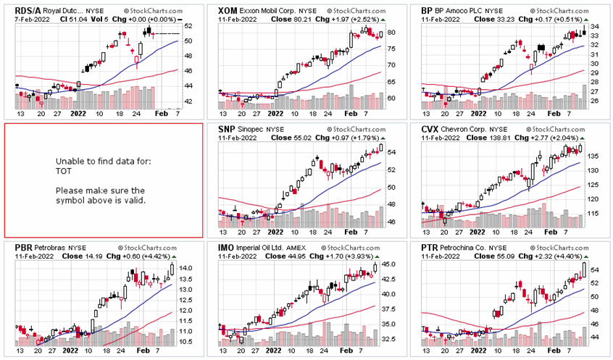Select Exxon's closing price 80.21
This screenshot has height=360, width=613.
[292, 20]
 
